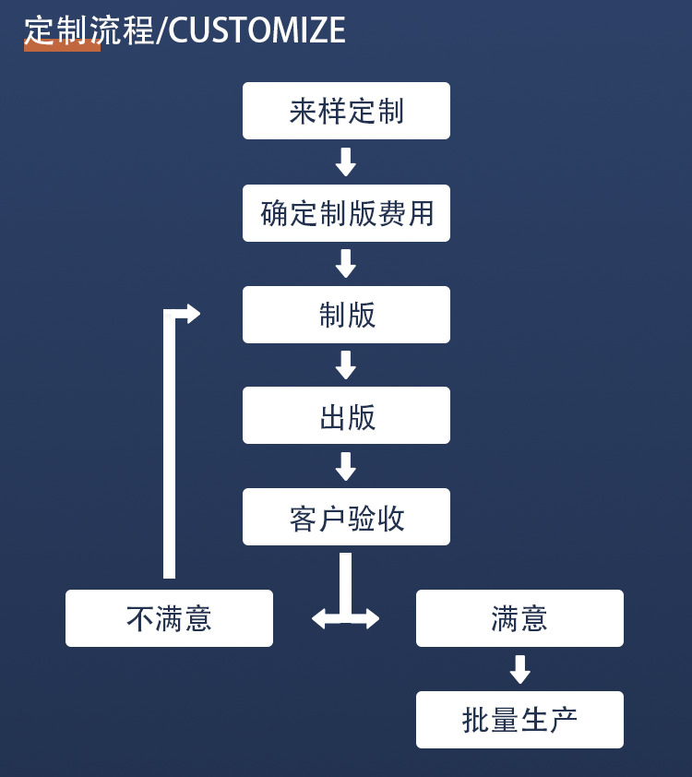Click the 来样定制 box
[x=346, y=111]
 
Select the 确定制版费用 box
[x=346, y=213]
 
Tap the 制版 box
[x=346, y=315]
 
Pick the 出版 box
[x=346, y=415]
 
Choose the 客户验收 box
[x=346, y=517]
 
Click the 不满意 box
[x=169, y=618]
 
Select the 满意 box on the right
[x=519, y=618]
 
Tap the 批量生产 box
[x=519, y=720]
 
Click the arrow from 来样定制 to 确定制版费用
[x=346, y=162]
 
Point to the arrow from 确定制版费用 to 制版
[x=346, y=264]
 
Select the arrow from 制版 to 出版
[x=346, y=365]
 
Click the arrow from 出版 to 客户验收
[x=346, y=467]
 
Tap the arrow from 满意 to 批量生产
[x=520, y=670]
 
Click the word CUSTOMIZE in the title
[x=257, y=31]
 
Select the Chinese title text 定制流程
[x=89, y=30]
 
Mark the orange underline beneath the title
[x=62, y=47]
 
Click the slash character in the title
[x=161, y=31]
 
